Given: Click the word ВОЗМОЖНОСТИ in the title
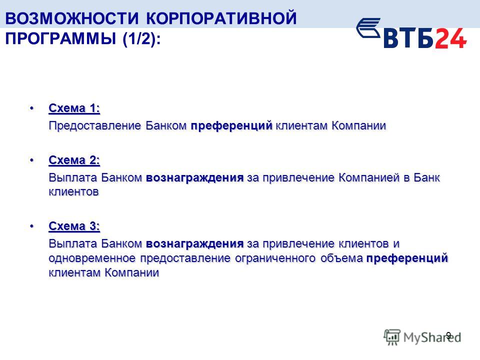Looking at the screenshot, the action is click(72, 18).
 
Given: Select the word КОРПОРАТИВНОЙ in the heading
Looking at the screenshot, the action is click(221, 18).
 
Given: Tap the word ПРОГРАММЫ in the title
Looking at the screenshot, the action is click(60, 38).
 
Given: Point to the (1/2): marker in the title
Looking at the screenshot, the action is click(141, 39).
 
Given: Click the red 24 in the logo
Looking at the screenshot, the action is click(451, 38).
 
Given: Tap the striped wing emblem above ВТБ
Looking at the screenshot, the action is click(368, 28).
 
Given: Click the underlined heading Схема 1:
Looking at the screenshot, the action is click(74, 108).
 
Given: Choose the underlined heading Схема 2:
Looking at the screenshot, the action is click(74, 160).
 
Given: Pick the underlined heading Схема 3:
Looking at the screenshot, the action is click(74, 226).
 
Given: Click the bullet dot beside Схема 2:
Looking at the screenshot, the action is click(31, 160).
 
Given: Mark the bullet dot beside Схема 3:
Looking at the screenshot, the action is click(31, 226).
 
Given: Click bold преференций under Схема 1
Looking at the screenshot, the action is click(231, 126).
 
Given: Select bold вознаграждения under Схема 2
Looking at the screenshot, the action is click(194, 177).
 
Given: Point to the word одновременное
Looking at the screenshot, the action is click(92, 258).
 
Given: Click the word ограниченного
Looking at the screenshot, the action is click(275, 258).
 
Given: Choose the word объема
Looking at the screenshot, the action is click(341, 258).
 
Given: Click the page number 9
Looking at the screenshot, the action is click(448, 335).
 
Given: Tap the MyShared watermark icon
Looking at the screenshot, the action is click(392, 337).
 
